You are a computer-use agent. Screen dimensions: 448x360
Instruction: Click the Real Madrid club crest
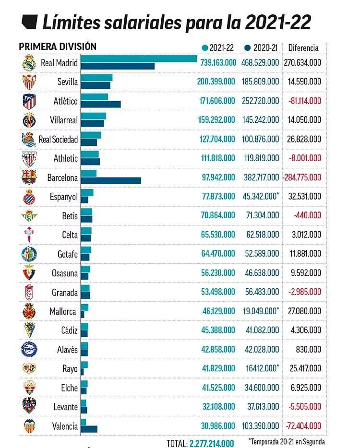click(29, 63)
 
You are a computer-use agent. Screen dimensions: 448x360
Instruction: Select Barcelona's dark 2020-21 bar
click(111, 181)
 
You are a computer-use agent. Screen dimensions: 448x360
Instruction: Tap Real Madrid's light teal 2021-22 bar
click(139, 59)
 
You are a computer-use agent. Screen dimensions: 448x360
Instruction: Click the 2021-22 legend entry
click(218, 47)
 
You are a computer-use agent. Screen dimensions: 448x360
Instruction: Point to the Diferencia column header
click(303, 47)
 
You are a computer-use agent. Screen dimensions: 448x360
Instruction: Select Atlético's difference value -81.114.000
click(304, 101)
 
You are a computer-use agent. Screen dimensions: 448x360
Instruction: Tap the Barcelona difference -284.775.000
click(302, 177)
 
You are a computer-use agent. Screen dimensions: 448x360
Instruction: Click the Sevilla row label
click(67, 82)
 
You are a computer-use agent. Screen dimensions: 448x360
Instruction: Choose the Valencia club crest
click(29, 425)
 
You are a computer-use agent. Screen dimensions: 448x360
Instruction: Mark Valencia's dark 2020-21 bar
click(89, 429)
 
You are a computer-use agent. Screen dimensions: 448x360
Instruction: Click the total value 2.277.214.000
click(212, 443)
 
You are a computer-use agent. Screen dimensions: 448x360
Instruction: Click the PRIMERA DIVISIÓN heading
click(58, 47)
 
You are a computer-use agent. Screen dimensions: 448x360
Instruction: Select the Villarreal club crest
click(29, 120)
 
